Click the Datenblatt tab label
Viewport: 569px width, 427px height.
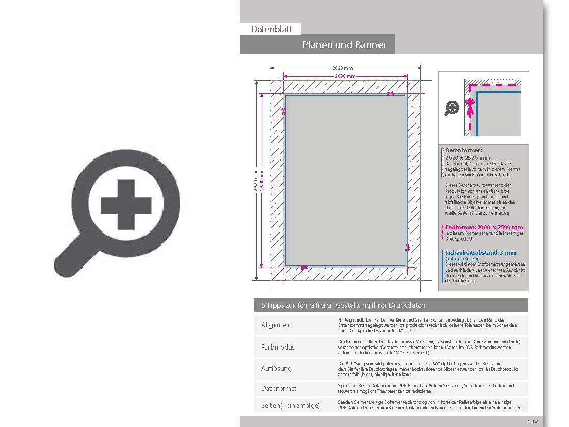[272, 29]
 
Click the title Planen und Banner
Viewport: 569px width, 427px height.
[344, 45]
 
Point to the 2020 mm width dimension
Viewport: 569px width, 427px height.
[342, 68]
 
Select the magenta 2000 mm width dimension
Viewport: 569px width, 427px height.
[345, 76]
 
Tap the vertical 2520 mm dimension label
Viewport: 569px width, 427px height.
[256, 181]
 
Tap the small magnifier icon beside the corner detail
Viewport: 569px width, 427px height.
[452, 108]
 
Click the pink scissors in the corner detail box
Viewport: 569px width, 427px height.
[470, 108]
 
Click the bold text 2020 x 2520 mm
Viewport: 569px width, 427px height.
[467, 158]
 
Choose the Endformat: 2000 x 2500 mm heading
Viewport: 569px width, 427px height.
[483, 227]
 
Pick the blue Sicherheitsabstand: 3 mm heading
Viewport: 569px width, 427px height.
[480, 253]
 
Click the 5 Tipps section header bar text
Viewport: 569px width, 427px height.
[343, 305]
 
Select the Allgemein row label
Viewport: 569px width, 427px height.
[277, 325]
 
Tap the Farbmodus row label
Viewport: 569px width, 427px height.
[278, 347]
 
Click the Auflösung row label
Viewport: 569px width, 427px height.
[277, 368]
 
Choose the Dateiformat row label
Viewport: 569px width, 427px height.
[279, 388]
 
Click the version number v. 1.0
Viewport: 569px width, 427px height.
[533, 421]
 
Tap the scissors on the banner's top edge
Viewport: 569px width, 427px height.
[390, 93]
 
